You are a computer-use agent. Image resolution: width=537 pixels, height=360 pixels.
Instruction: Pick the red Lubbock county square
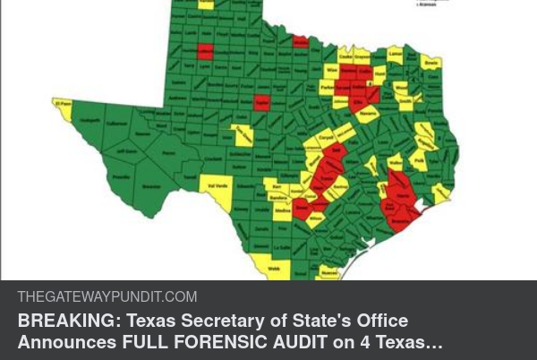coord(205,52)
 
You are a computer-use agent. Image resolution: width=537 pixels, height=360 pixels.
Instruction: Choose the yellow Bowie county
coord(431,64)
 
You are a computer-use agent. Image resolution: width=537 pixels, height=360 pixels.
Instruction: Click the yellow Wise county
coord(332,70)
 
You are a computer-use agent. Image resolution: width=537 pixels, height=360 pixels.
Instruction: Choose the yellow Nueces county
coord(330,270)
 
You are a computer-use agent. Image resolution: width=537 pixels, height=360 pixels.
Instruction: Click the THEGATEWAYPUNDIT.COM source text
coord(107,297)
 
